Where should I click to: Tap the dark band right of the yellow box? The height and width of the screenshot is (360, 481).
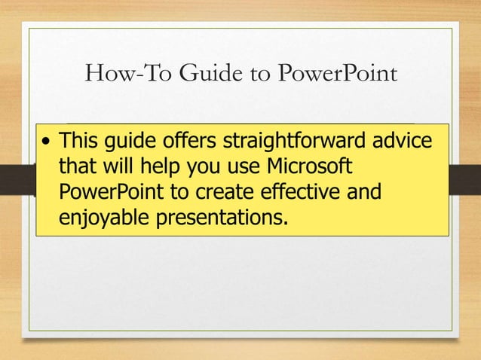(464, 179)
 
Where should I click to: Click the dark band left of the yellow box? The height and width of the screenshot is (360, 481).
(17, 179)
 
